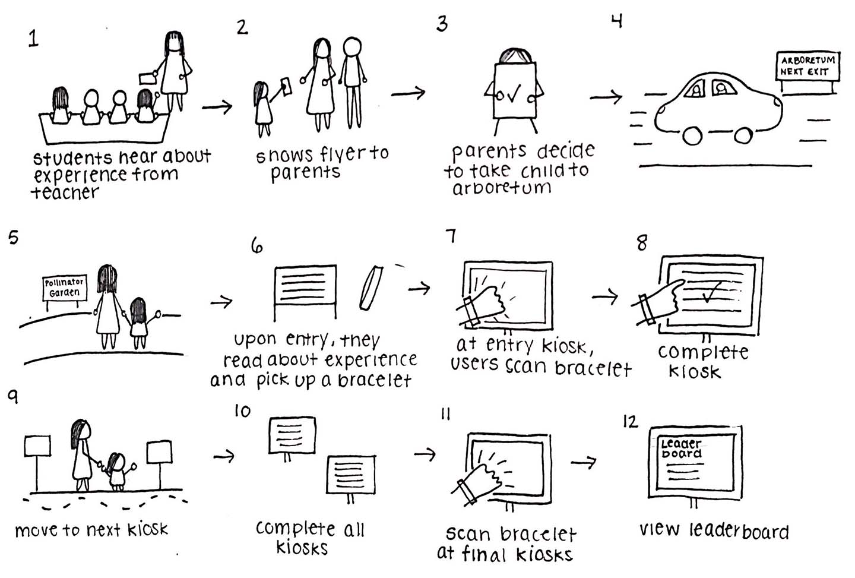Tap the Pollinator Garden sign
[65, 288]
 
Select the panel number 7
[451, 236]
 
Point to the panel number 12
[629, 421]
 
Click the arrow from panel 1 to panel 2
[217, 106]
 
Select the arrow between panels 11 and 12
[583, 462]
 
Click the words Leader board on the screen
[682, 448]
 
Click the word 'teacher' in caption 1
[65, 193]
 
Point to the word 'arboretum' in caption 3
[502, 189]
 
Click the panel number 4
[617, 22]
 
